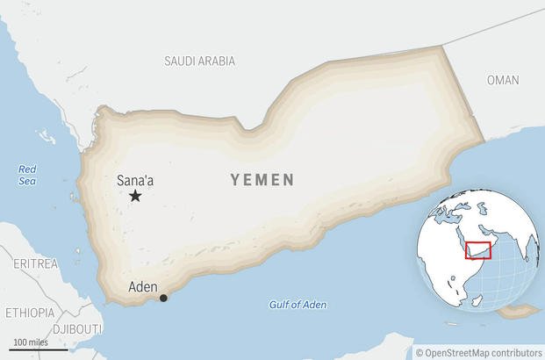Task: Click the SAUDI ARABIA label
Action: click(x=199, y=61)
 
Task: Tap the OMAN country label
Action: click(x=503, y=80)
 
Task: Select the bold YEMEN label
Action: click(x=262, y=180)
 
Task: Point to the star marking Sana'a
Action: click(x=135, y=196)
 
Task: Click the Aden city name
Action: click(x=143, y=286)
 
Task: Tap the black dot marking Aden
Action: click(x=163, y=299)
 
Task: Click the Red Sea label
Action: click(x=28, y=175)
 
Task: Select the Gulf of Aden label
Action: click(x=298, y=305)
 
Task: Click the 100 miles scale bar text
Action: click(x=31, y=341)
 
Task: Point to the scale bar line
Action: click(x=40, y=349)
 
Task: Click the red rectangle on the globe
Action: click(x=477, y=250)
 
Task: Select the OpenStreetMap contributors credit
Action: click(x=483, y=352)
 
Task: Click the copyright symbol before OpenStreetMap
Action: click(x=420, y=352)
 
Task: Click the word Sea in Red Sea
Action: click(x=28, y=181)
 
